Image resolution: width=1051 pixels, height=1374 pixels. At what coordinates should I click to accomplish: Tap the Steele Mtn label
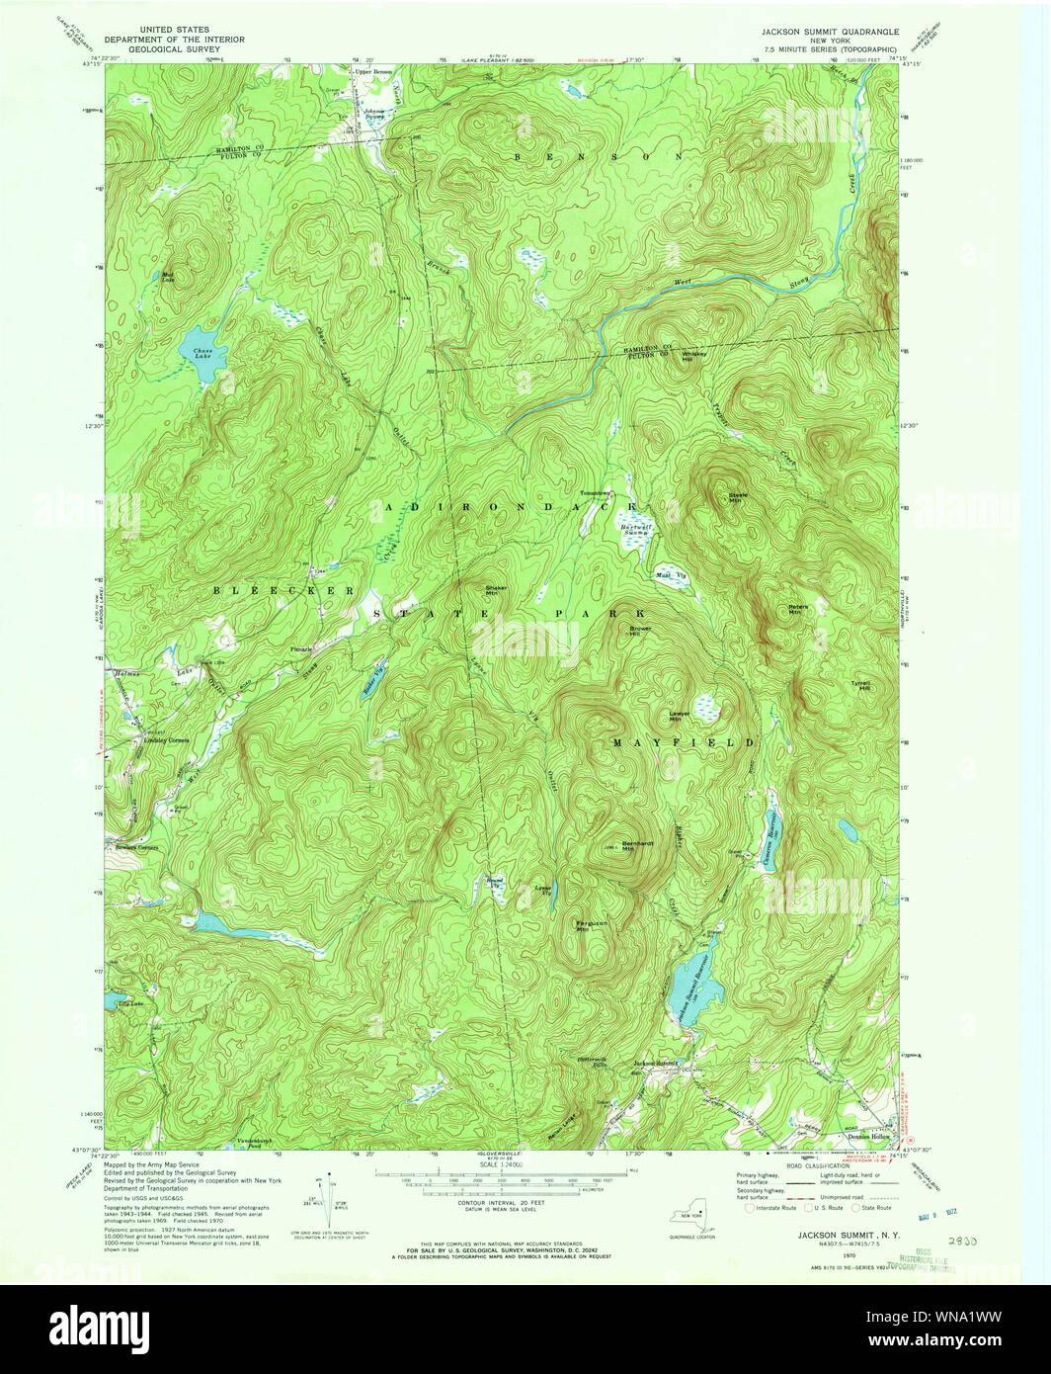pos(739,497)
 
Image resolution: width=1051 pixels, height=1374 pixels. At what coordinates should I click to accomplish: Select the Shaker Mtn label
pos(496,589)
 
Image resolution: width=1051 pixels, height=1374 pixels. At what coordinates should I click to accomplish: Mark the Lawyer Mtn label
pos(680,717)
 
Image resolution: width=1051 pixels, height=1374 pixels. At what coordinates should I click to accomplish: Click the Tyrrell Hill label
pos(860,685)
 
